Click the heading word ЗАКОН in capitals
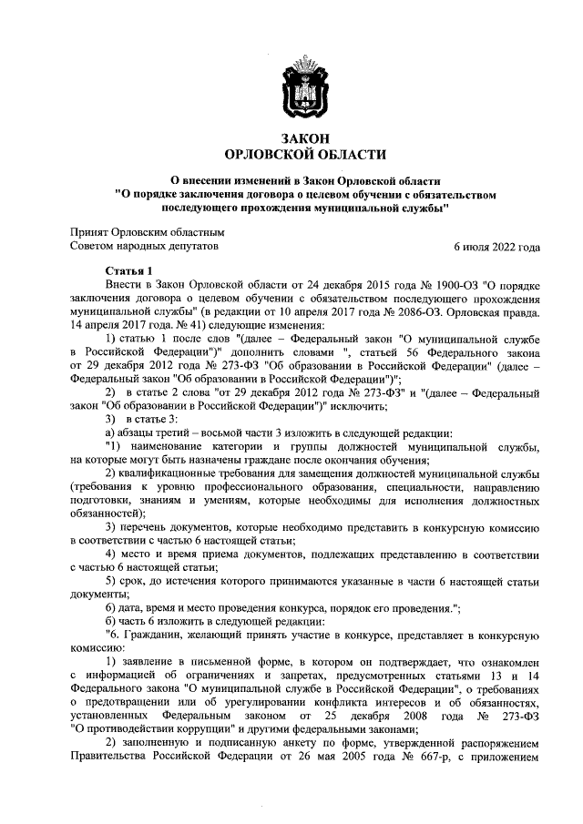coord(304,137)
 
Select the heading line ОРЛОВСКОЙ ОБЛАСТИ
coord(304,155)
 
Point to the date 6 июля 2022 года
coord(496,246)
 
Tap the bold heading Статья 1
coord(129,270)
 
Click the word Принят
coord(91,232)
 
